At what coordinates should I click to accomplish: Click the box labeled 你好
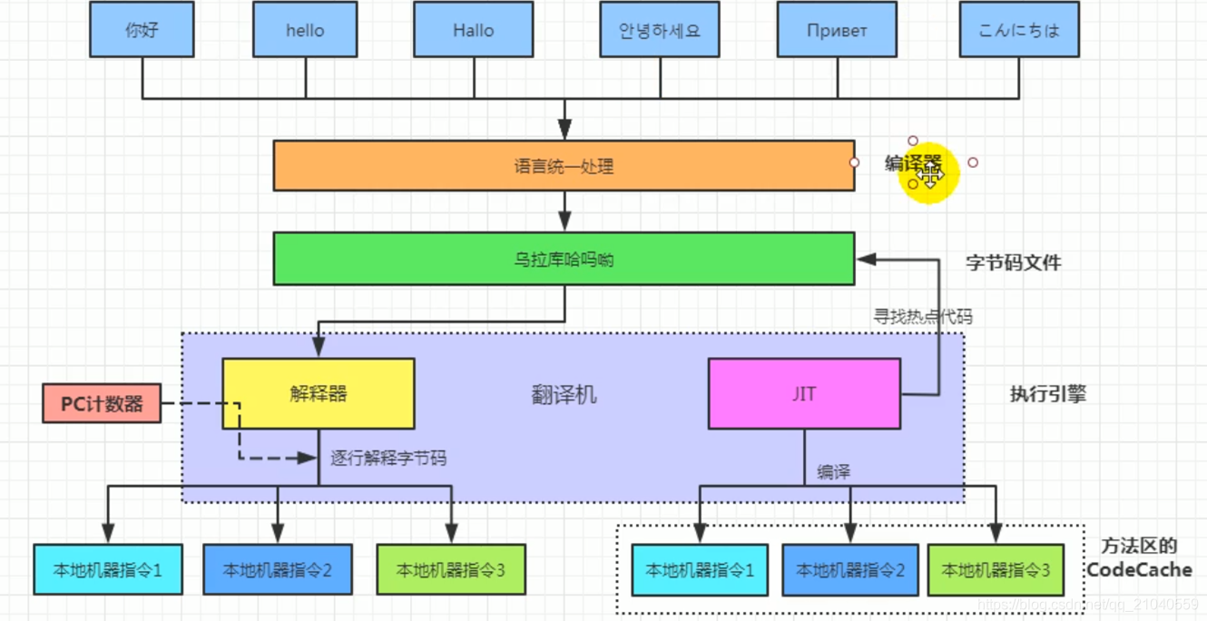[x=142, y=30]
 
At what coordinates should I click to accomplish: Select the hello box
[x=305, y=30]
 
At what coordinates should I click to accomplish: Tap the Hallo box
[x=472, y=30]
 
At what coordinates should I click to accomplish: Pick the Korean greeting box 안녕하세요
[x=660, y=30]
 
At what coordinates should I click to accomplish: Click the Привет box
[x=837, y=30]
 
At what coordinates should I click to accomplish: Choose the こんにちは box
[x=1019, y=30]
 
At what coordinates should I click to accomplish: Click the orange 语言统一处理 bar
[x=564, y=166]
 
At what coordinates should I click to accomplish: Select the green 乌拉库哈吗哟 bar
[x=564, y=259]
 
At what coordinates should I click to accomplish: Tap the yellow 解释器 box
[x=319, y=394]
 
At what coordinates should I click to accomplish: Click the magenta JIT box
[x=804, y=394]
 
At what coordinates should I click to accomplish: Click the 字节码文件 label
[x=1013, y=263]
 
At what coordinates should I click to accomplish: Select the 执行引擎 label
[x=1047, y=394]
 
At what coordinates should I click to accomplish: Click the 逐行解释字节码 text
[x=388, y=458]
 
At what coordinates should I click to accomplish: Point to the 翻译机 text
[x=564, y=394]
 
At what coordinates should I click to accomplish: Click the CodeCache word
[x=1139, y=570]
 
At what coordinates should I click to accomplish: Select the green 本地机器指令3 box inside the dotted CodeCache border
[x=996, y=570]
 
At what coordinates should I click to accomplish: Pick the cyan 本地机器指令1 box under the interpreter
[x=108, y=570]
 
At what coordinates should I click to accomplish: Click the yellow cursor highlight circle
[x=928, y=172]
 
